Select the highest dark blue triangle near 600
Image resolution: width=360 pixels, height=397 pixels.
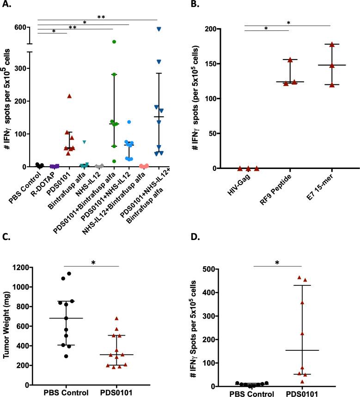coord(159,29)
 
